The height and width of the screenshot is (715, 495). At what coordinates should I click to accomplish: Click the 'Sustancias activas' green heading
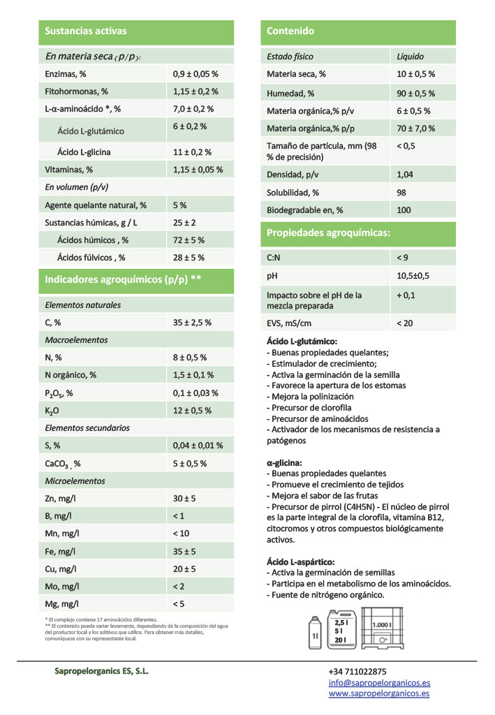tap(85, 31)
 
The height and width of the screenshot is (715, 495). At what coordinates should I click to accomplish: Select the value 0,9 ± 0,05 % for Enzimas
tap(195, 73)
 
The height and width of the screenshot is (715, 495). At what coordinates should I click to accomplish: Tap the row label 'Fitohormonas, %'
tap(76, 91)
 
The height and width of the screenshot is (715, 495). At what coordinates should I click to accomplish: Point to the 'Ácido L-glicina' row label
tap(84, 152)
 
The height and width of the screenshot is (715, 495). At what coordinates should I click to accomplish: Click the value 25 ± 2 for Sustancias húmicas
tap(184, 223)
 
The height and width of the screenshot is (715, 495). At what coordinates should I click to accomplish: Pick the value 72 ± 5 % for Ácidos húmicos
tap(189, 240)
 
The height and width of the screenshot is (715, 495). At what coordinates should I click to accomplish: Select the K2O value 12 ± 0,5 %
tap(192, 411)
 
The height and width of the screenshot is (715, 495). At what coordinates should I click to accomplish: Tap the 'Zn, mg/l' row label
tap(62, 499)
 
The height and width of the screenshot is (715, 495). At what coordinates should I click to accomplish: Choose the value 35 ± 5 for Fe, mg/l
tap(184, 552)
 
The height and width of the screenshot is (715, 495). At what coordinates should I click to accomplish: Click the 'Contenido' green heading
tap(290, 31)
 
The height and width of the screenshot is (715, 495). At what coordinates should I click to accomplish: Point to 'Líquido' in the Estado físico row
tap(410, 57)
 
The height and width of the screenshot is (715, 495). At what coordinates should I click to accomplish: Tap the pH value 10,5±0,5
tap(413, 276)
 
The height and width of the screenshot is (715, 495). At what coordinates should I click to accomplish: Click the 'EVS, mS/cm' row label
tap(289, 323)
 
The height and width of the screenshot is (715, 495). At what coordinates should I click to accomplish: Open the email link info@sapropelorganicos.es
tap(379, 683)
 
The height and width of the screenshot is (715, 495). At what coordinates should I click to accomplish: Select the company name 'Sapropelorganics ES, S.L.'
tap(101, 671)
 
